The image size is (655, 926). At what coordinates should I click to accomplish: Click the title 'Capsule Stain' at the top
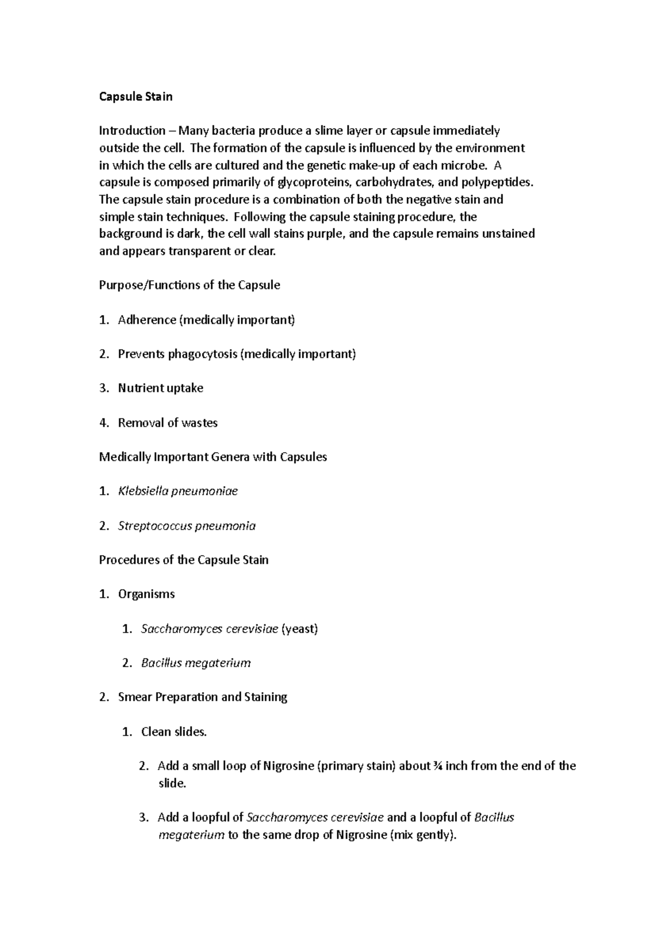click(135, 97)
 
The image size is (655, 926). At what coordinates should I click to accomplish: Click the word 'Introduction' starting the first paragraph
click(132, 130)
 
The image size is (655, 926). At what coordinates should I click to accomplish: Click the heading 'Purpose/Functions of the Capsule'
click(189, 285)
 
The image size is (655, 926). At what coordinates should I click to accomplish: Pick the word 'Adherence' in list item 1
click(146, 320)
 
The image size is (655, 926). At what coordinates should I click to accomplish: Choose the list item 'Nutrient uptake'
click(160, 388)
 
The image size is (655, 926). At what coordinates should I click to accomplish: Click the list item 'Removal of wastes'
click(168, 423)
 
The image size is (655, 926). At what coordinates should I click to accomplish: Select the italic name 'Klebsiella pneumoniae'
click(178, 491)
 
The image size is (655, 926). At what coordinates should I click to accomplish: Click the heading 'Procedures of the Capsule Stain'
click(183, 560)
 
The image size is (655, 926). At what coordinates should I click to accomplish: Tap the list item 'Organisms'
click(146, 594)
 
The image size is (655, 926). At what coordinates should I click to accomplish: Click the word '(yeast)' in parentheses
click(299, 629)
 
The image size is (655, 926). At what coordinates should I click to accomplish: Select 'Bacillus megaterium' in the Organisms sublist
click(196, 663)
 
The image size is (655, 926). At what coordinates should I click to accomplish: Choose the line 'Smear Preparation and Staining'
click(203, 697)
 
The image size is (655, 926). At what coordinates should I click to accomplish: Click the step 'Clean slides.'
click(174, 732)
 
